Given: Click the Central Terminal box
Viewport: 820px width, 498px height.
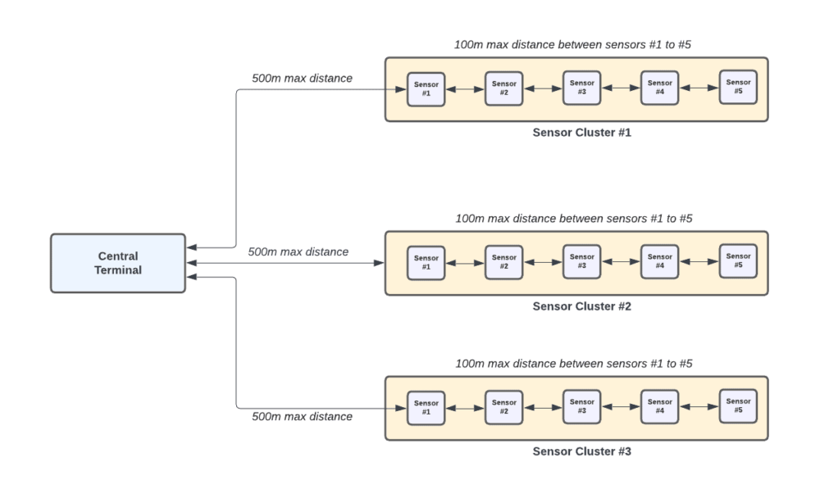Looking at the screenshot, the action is pyautogui.click(x=118, y=263).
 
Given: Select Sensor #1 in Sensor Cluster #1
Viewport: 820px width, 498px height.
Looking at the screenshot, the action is pyautogui.click(x=426, y=89).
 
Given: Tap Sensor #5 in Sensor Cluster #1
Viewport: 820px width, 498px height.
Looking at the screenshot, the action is pyautogui.click(x=738, y=88).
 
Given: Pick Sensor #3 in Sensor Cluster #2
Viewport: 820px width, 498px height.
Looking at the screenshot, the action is pyautogui.click(x=581, y=261).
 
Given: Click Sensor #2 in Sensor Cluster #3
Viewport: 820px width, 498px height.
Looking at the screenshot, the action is pyautogui.click(x=503, y=407).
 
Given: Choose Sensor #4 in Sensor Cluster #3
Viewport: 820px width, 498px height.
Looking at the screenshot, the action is pyautogui.click(x=659, y=406).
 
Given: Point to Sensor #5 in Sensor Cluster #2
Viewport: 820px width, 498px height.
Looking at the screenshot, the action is pyautogui.click(x=738, y=260).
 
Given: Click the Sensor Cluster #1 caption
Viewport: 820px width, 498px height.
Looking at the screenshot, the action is pyautogui.click(x=581, y=133).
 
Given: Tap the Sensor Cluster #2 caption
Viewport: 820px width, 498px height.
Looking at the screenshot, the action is pyautogui.click(x=581, y=306).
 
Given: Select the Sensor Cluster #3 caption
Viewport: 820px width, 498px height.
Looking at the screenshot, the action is pyautogui.click(x=581, y=451).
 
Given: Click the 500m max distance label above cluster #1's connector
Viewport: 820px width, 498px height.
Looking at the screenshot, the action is pyautogui.click(x=303, y=79).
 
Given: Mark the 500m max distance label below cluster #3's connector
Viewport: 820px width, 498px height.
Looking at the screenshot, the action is pyautogui.click(x=303, y=416).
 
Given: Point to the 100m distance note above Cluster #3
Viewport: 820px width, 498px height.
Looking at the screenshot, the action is pyautogui.click(x=574, y=364).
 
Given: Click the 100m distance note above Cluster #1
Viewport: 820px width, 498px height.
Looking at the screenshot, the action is pyautogui.click(x=572, y=45).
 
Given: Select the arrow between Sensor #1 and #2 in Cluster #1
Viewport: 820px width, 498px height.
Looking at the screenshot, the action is pyautogui.click(x=465, y=89).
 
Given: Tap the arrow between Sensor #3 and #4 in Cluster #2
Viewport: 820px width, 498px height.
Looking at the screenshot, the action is pyautogui.click(x=621, y=262).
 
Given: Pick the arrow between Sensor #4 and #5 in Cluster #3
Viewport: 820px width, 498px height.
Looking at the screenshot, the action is pyautogui.click(x=699, y=406).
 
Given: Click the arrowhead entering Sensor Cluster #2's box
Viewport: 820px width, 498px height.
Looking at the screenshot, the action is pyautogui.click(x=379, y=263).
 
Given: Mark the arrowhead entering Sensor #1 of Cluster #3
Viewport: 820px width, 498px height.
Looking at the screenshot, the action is pyautogui.click(x=401, y=408).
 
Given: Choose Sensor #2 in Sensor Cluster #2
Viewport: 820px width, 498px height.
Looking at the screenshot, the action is pyautogui.click(x=503, y=262).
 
